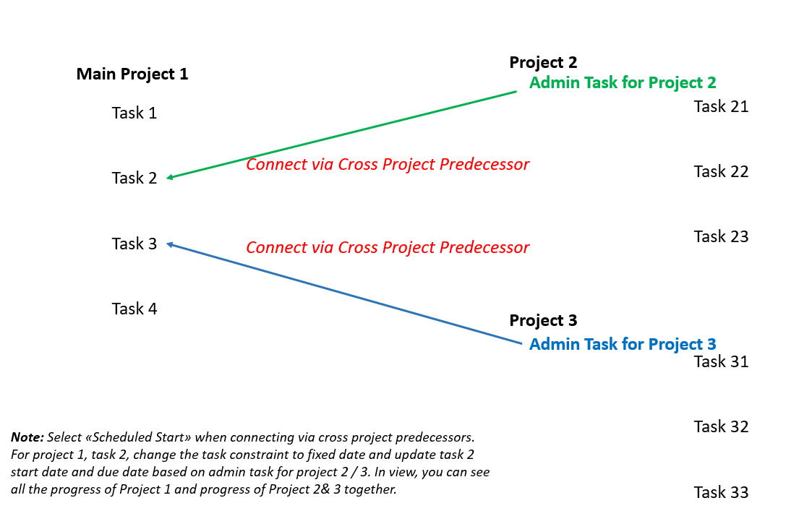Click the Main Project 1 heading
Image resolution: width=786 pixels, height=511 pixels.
132,74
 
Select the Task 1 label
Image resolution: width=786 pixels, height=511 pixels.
134,113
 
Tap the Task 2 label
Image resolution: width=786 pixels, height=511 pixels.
134,178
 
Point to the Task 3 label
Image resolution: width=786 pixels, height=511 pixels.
134,244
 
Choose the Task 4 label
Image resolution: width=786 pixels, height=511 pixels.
134,309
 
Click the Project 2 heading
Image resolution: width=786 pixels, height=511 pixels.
543,62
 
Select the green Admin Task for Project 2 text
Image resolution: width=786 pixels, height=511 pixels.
623,82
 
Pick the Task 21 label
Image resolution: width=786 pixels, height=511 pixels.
721,106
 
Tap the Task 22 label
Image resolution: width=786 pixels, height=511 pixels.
721,171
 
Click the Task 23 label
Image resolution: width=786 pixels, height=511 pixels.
721,236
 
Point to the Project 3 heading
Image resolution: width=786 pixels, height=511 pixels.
543,320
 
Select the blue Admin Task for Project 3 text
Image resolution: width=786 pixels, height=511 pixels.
623,344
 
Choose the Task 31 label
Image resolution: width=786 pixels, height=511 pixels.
721,361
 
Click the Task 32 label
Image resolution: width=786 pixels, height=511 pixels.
721,426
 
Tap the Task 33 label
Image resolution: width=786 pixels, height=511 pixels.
721,492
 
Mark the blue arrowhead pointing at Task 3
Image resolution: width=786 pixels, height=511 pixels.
170,244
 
